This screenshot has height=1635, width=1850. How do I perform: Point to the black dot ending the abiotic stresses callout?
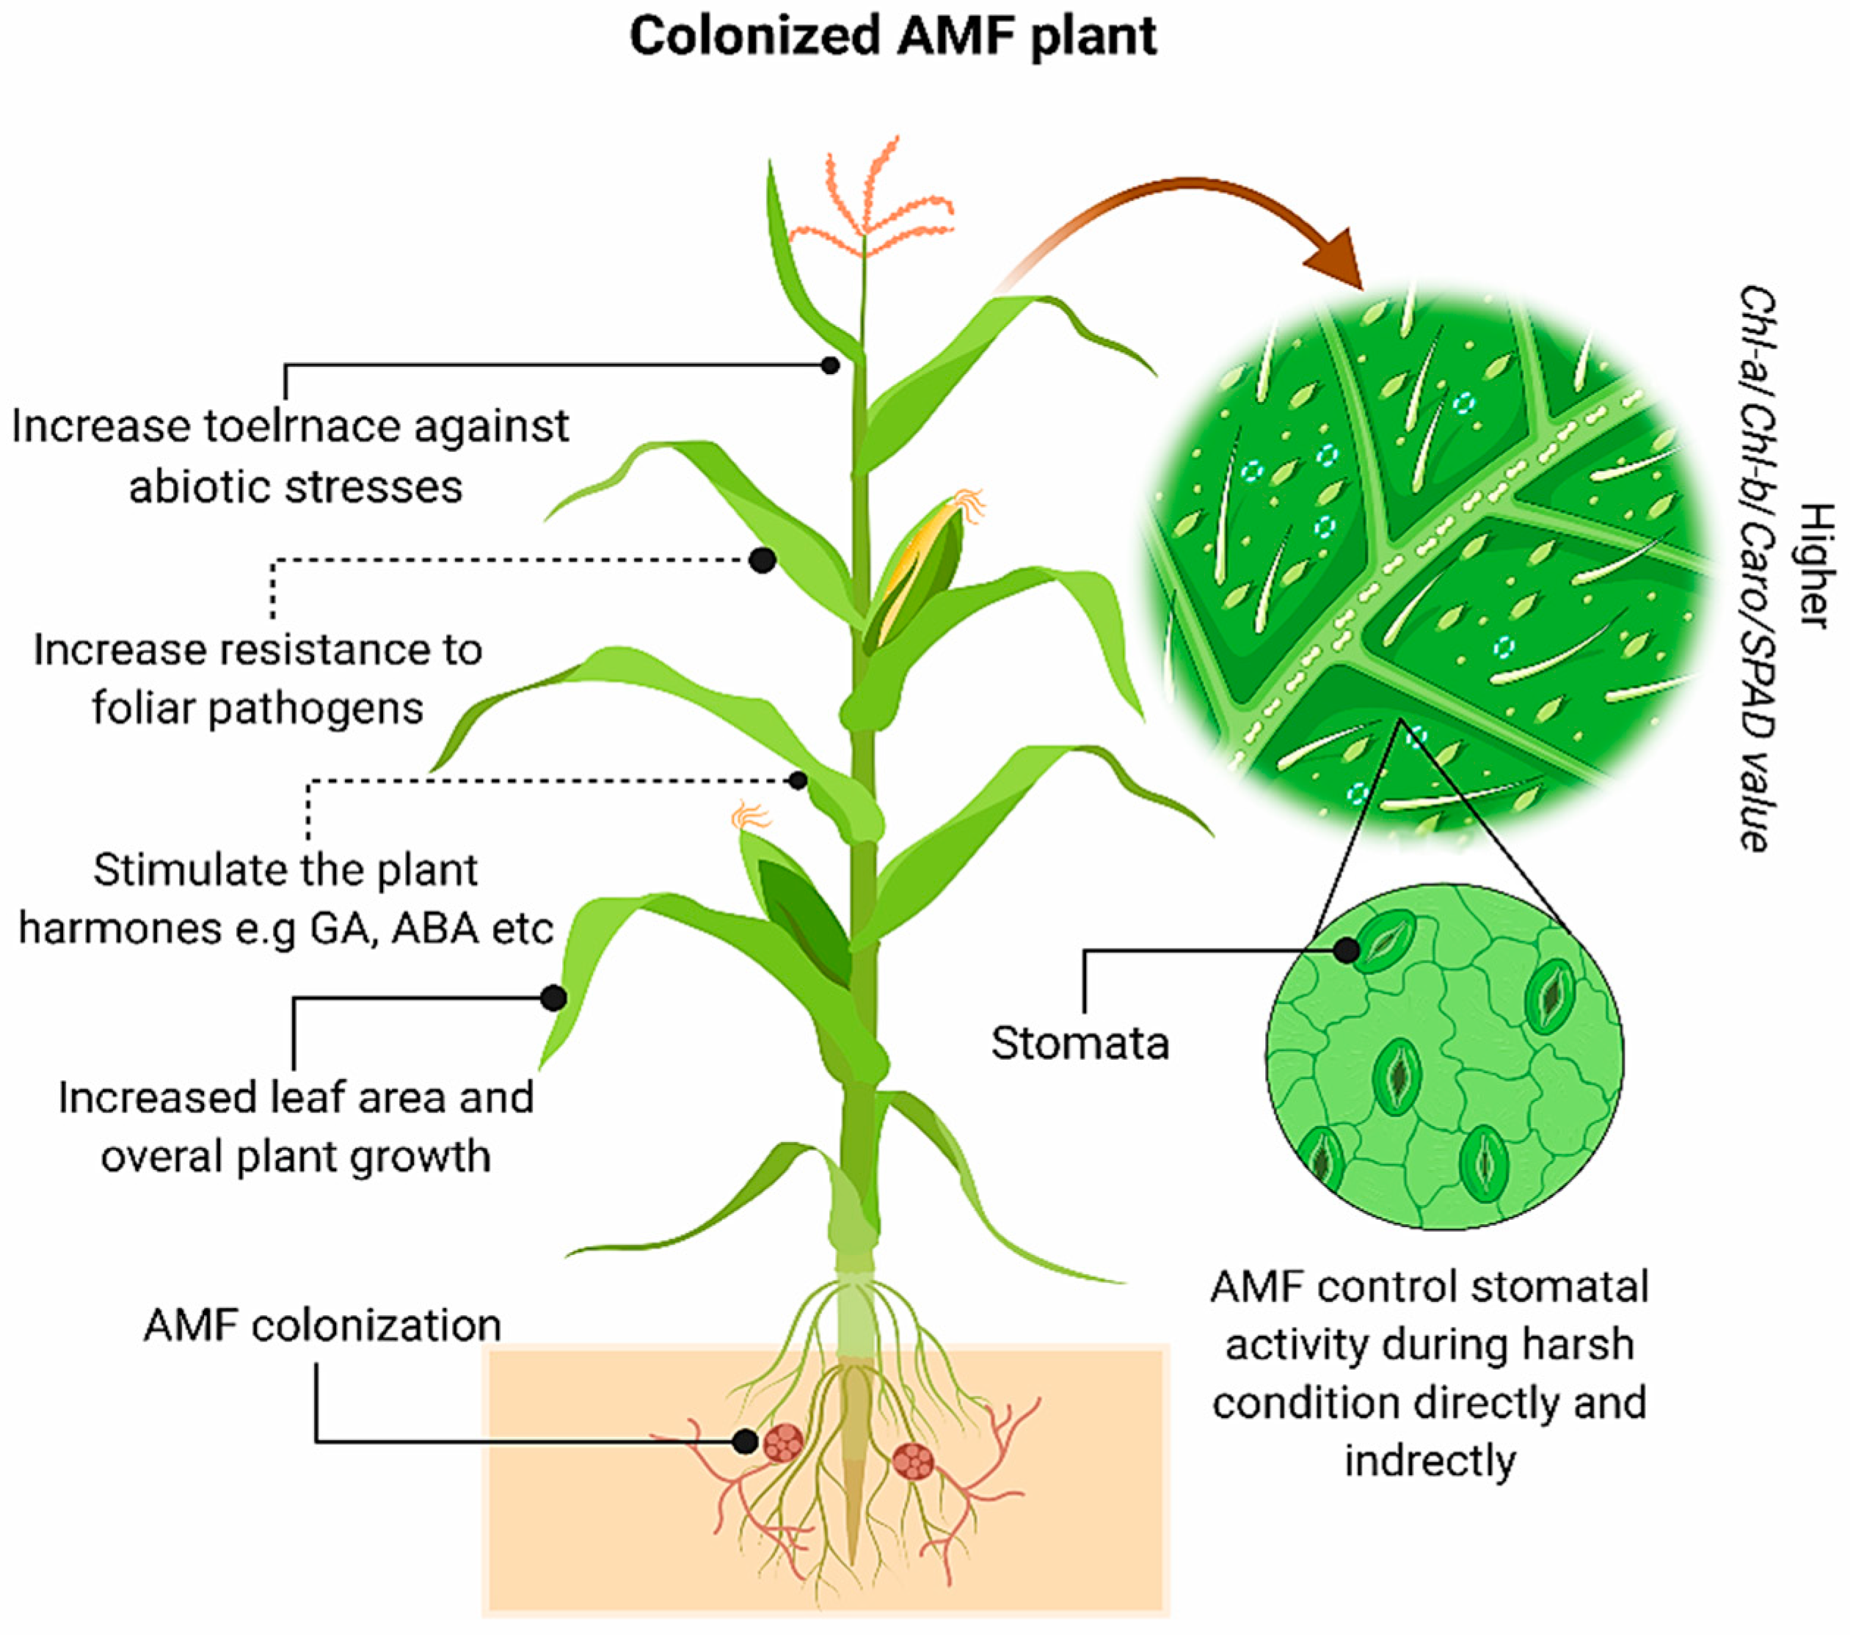[x=830, y=365]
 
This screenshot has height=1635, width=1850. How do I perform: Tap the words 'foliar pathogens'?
[x=258, y=708]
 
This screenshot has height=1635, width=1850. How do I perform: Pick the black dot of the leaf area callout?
[x=553, y=998]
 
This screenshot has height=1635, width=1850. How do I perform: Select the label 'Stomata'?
[x=1079, y=1043]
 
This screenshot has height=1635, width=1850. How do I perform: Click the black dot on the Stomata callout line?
[x=1347, y=950]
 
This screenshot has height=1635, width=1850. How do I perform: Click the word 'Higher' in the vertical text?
[x=1816, y=566]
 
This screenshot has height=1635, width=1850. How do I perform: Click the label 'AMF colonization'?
[x=322, y=1325]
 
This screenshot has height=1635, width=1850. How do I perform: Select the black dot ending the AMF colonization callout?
[x=745, y=1441]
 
